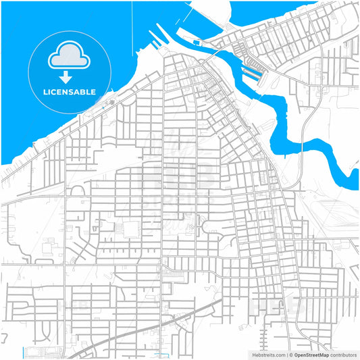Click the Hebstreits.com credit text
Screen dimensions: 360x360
pos(269,354)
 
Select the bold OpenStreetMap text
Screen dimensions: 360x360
pos(312,354)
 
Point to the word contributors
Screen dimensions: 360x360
pos(344,354)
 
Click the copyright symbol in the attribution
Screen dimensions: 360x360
pos(290,354)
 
